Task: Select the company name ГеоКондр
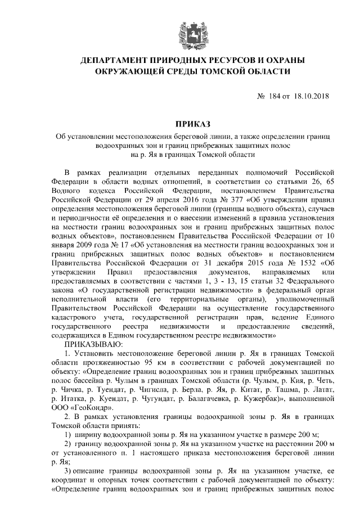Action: [80, 407]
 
